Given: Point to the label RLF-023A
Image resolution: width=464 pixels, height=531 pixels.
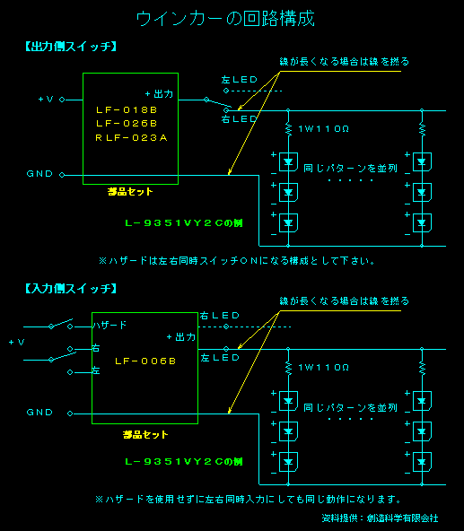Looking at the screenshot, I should (131, 137).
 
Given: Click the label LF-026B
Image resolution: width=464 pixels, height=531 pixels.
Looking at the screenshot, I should (127, 123).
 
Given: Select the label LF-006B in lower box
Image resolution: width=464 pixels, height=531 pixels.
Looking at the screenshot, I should (144, 361).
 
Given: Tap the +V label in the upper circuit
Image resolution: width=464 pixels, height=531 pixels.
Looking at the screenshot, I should (46, 100).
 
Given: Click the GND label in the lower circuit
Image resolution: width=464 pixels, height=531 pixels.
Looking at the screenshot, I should (39, 413).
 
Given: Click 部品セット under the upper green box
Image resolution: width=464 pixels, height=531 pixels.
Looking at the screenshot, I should (129, 191).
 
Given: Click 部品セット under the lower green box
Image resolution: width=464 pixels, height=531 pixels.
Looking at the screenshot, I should (145, 434).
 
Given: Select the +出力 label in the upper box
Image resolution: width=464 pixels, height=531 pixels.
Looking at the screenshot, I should (159, 93).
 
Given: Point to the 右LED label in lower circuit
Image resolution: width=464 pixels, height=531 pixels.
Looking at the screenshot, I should (220, 316).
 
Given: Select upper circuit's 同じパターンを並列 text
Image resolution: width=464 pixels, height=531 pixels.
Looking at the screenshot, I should (351, 168).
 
